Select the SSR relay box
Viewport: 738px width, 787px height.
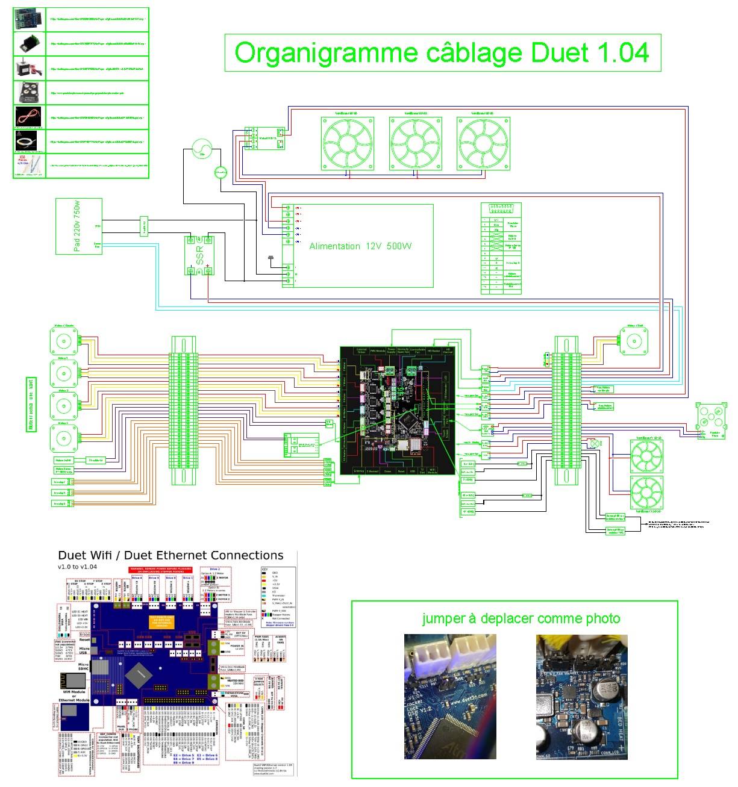coord(199,256)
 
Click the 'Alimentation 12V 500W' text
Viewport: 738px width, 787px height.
coord(360,246)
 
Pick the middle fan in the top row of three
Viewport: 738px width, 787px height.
coord(415,144)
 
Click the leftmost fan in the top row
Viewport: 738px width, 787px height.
coord(347,144)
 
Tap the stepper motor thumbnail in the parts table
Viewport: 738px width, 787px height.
coord(29,68)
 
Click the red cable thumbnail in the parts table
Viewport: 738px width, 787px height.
coord(29,116)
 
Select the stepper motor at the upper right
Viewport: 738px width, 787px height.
coord(633,341)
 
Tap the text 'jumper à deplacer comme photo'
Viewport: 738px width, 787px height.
coord(521,618)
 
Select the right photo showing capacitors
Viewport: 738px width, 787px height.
coord(582,696)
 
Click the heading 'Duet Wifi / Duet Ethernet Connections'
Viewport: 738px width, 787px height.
coord(170,555)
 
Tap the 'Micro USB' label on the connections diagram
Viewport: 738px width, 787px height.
coord(84,651)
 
